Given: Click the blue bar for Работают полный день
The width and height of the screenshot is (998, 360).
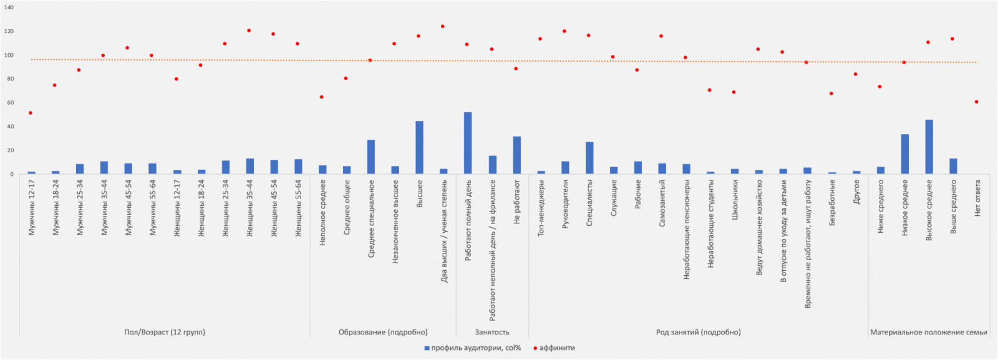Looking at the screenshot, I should click(x=468, y=144).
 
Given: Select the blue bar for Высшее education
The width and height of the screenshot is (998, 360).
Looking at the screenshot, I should click(x=419, y=148).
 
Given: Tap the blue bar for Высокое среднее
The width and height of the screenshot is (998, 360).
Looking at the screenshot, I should click(x=929, y=147).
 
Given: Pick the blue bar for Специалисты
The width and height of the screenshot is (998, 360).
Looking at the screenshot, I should click(x=589, y=158).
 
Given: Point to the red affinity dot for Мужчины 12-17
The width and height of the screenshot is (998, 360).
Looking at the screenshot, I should click(x=31, y=113).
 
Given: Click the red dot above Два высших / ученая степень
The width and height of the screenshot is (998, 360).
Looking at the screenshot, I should click(x=443, y=27).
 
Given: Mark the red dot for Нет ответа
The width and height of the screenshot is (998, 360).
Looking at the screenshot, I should click(x=976, y=102).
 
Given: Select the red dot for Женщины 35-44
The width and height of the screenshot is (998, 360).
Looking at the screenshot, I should click(x=249, y=31).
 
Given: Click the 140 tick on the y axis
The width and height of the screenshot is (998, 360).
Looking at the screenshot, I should click(x=9, y=7).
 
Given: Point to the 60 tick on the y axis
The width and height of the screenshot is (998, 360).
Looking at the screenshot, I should click(x=10, y=103).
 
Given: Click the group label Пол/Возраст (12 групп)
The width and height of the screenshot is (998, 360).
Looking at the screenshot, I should click(x=165, y=333).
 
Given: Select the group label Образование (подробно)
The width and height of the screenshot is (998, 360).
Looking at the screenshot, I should click(x=383, y=333).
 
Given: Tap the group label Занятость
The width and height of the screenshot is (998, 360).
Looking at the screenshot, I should click(x=492, y=333).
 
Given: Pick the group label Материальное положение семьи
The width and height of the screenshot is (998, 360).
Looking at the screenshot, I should click(x=929, y=333).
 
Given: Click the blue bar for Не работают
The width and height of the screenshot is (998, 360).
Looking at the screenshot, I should click(x=516, y=155).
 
